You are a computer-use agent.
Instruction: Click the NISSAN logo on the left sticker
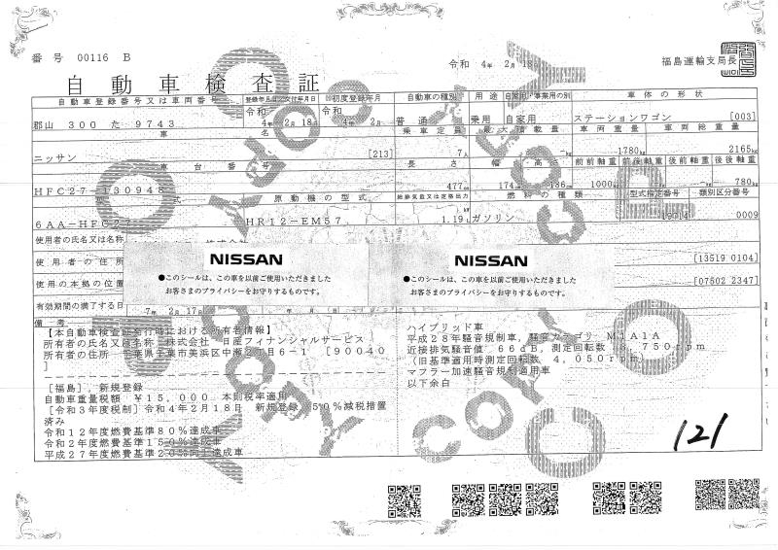tap(243, 259)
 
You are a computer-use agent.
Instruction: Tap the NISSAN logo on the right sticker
tap(492, 259)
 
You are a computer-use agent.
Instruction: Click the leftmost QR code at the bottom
tap(402, 500)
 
